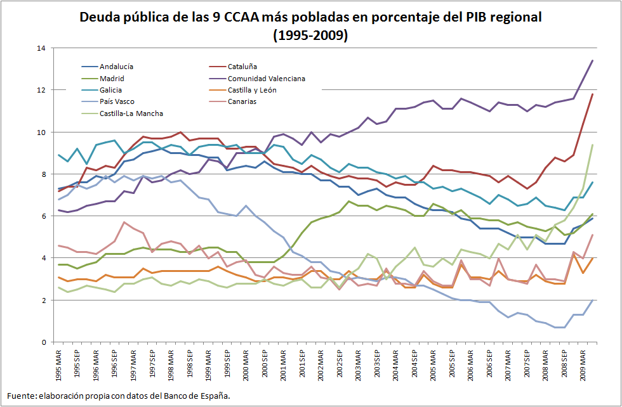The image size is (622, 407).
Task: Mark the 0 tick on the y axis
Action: click(43, 342)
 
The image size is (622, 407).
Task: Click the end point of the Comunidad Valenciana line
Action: click(592, 60)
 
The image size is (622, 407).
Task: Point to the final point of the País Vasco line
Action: click(592, 300)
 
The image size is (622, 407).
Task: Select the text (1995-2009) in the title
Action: click(310, 36)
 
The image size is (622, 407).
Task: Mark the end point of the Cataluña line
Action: click(592, 94)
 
